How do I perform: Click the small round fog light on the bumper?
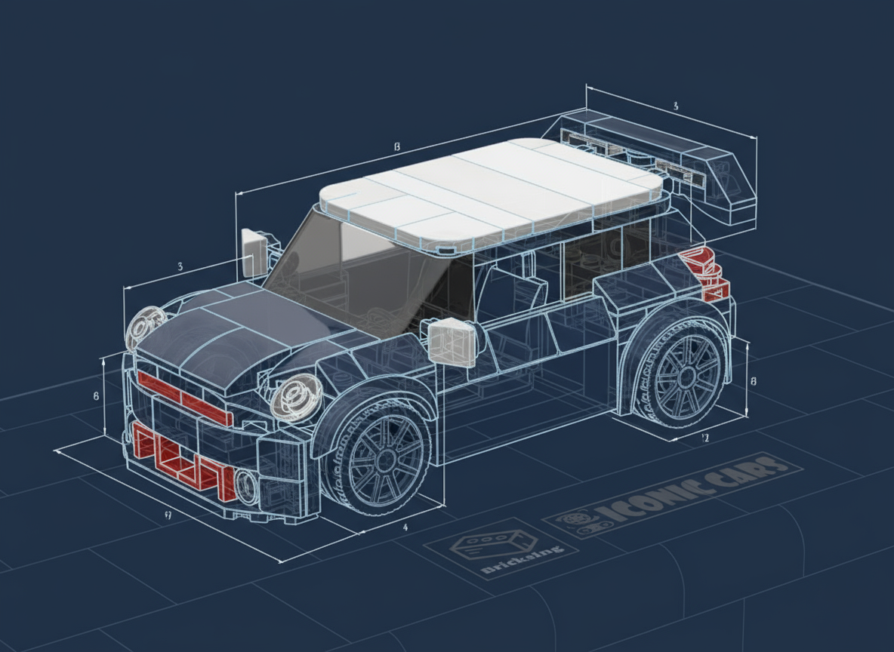(246, 485)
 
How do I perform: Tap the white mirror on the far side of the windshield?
(253, 251)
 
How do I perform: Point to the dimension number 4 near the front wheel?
(405, 527)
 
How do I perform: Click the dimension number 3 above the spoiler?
(675, 106)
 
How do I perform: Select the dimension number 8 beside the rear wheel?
(753, 381)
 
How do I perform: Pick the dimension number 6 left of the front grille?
(96, 396)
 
